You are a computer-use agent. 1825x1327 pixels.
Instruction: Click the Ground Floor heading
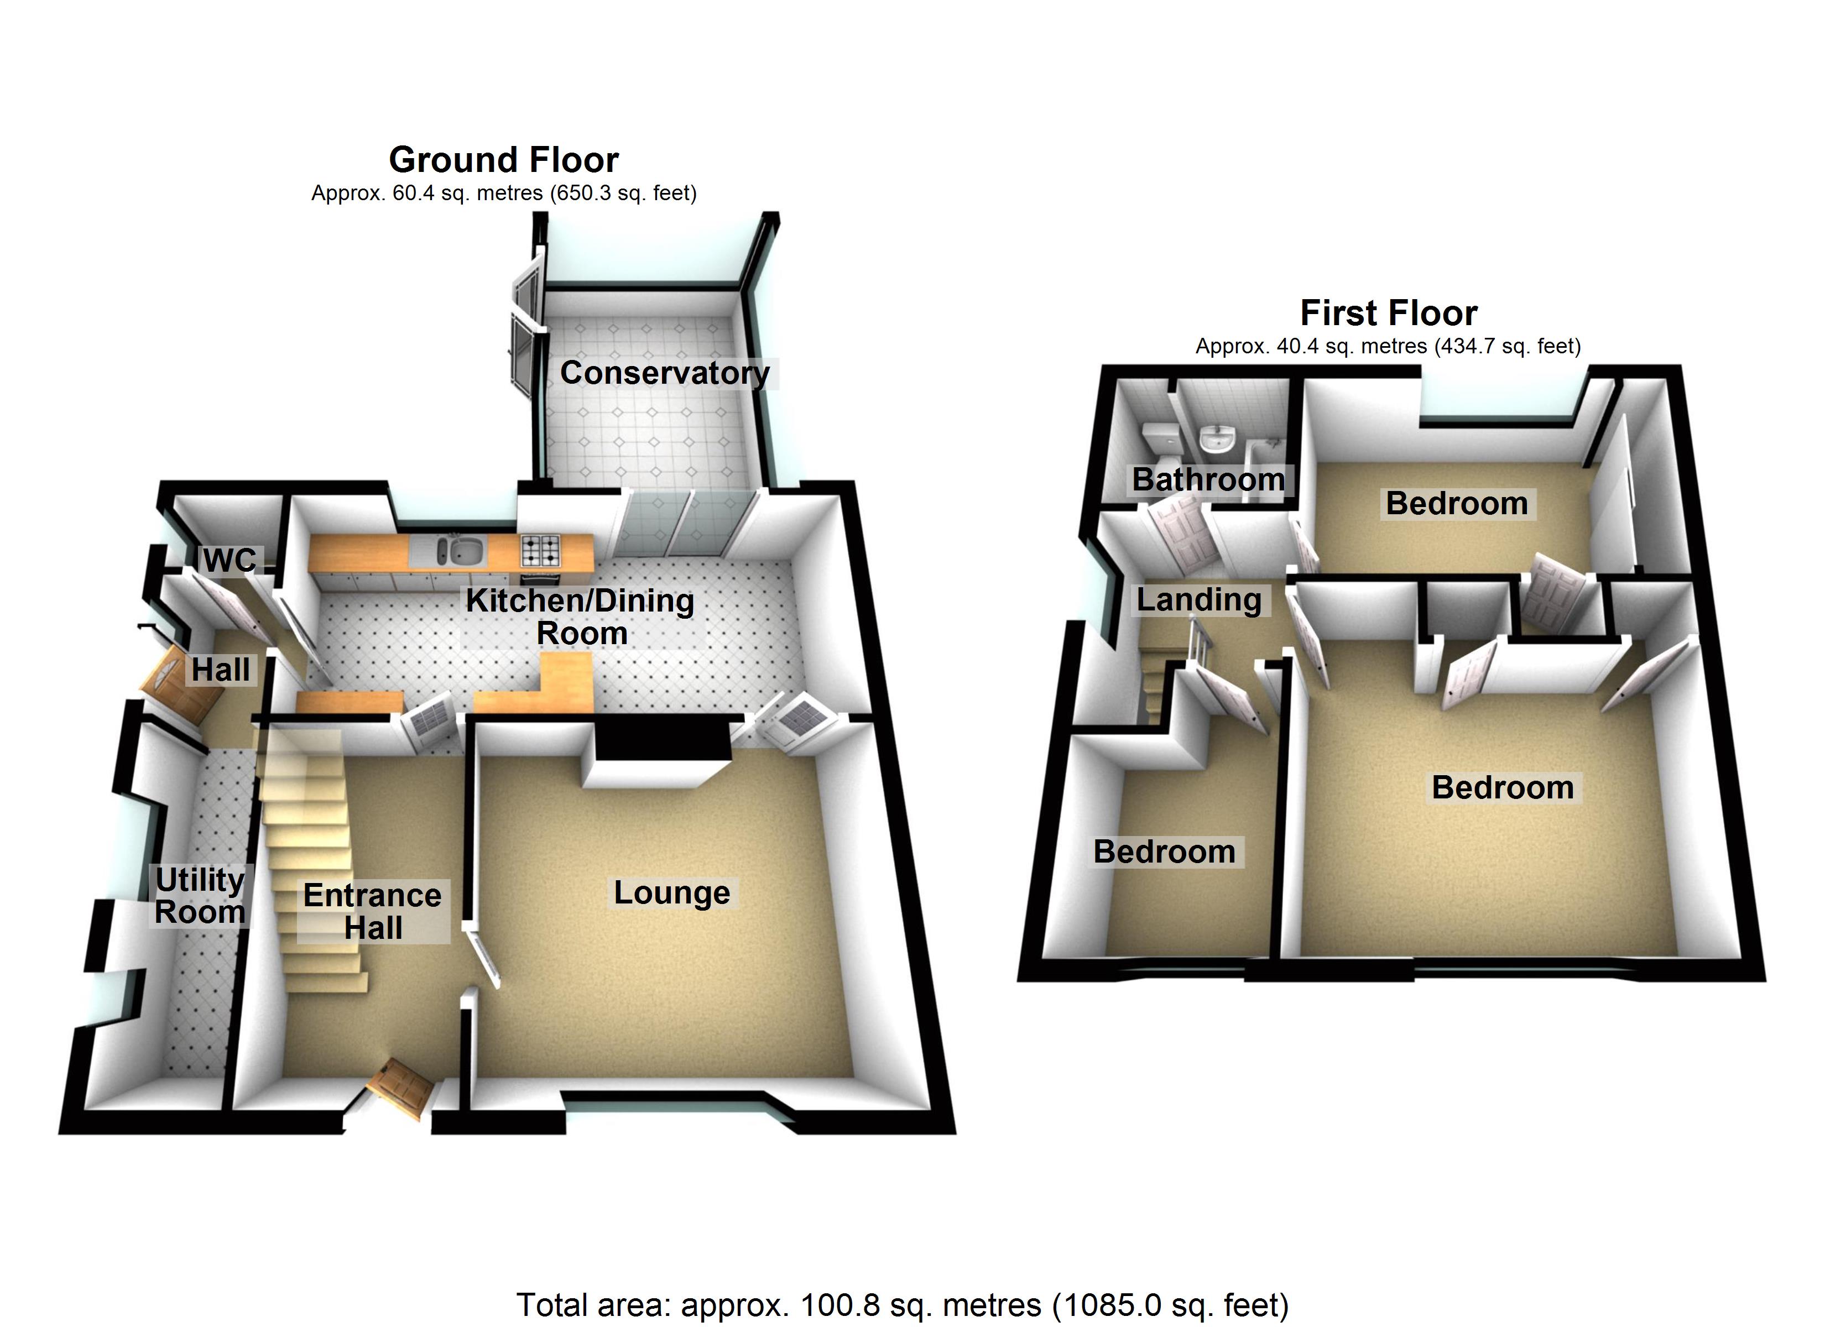(504, 160)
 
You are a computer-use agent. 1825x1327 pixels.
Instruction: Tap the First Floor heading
(1388, 313)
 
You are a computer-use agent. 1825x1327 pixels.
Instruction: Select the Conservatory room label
(665, 373)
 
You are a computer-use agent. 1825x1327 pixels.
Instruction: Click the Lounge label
(672, 892)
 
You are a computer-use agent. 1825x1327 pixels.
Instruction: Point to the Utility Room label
(200, 896)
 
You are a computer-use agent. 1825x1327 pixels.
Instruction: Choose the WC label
(230, 560)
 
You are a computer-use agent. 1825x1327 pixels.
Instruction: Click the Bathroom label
(1208, 479)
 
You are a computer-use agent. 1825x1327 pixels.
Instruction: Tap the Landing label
(1198, 599)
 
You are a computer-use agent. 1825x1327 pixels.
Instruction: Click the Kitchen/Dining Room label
(580, 617)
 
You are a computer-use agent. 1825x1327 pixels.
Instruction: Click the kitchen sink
(458, 552)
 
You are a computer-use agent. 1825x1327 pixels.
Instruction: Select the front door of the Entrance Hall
(401, 1090)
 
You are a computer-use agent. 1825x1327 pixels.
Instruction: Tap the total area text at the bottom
(902, 1304)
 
